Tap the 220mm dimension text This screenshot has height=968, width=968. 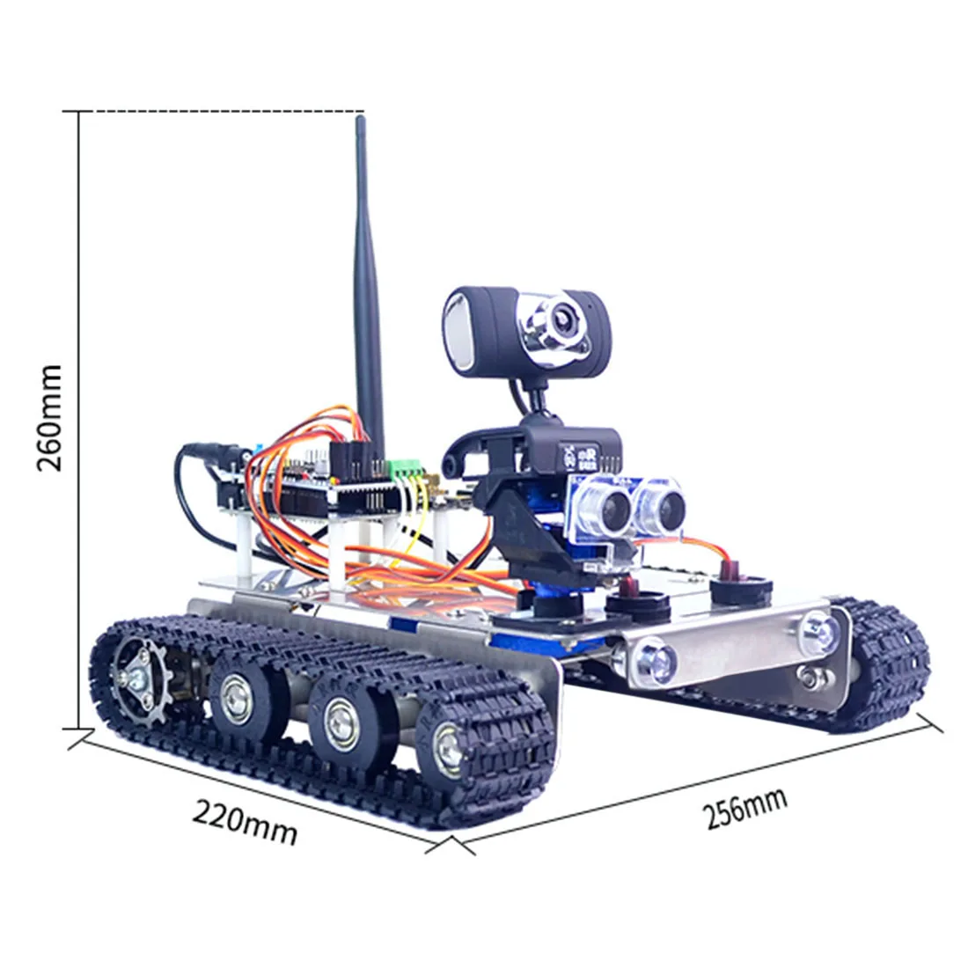point(245,823)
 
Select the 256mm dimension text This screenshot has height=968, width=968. point(746,808)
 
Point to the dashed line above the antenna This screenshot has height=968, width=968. point(220,112)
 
